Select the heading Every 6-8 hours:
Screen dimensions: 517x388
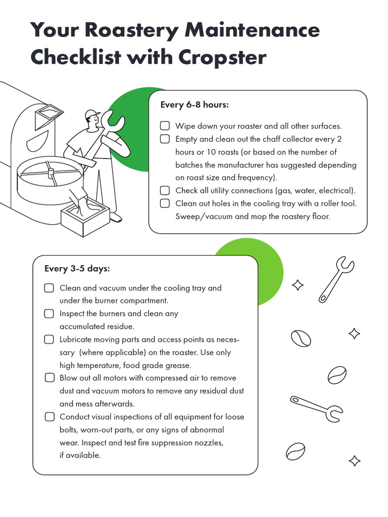click(194, 105)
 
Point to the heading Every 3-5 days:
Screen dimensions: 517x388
click(77, 268)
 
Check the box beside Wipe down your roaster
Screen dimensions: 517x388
click(165, 126)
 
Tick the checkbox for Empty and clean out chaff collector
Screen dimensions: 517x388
click(165, 139)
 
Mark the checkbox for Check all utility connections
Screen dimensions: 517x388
click(165, 190)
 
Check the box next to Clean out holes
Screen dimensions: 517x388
click(165, 203)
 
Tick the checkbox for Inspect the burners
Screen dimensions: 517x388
click(49, 314)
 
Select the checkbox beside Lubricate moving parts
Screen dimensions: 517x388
click(49, 339)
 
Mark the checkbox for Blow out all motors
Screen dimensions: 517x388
click(49, 378)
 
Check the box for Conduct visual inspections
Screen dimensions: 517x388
click(49, 417)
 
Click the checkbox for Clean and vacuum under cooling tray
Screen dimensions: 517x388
click(49, 288)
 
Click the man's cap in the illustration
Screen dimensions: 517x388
click(91, 114)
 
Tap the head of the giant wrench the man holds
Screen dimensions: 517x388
click(112, 121)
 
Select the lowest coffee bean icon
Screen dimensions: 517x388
click(295, 451)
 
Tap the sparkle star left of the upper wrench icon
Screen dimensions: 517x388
click(298, 285)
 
